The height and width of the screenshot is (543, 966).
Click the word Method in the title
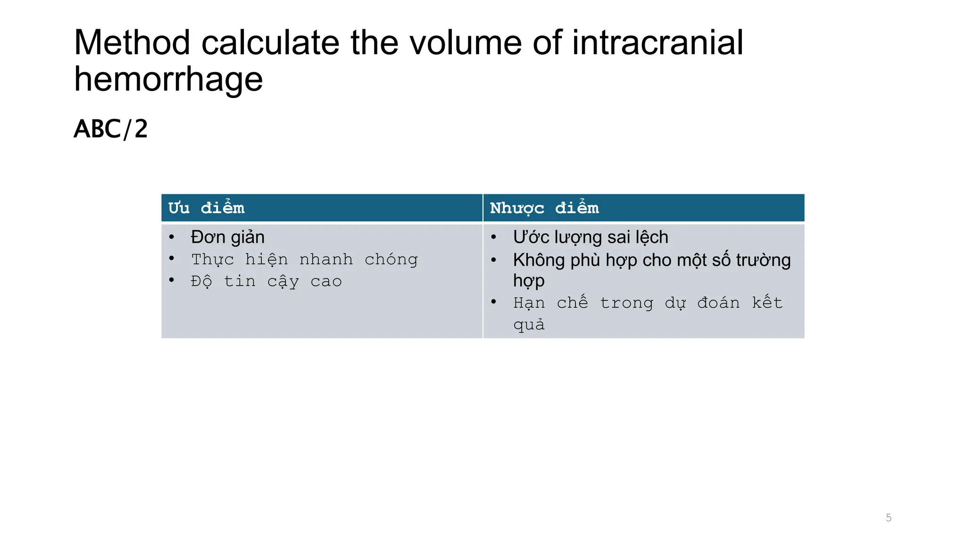click(132, 43)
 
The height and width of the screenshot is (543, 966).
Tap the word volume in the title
click(466, 43)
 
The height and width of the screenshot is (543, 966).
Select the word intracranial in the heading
click(658, 43)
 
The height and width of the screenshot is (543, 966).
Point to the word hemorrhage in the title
click(168, 79)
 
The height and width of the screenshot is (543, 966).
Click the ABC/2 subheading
click(111, 129)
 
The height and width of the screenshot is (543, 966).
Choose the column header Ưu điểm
click(207, 208)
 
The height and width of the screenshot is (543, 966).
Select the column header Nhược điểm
click(544, 208)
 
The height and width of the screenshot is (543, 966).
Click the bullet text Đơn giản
click(227, 237)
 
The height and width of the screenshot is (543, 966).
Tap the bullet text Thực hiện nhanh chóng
click(304, 259)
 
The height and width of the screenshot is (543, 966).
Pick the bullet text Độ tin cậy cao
click(266, 281)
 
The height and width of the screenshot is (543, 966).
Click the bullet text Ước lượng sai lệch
click(591, 237)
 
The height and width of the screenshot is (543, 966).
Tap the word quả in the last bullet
click(529, 325)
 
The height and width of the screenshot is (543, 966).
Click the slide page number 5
click(889, 518)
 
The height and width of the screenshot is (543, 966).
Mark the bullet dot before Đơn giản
click(172, 237)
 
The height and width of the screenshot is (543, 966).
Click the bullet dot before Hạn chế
click(493, 302)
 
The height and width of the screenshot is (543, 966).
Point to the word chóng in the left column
click(391, 260)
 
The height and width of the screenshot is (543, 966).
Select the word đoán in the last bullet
click(718, 303)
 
